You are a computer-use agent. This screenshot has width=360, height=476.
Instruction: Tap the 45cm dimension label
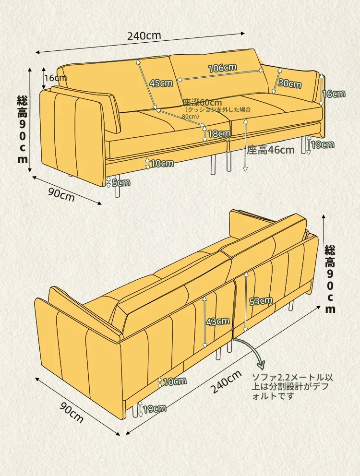161,83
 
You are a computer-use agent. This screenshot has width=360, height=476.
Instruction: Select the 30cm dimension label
289,83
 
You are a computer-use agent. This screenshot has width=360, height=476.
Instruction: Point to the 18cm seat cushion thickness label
219,133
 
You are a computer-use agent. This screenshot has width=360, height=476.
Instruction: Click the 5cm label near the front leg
121,182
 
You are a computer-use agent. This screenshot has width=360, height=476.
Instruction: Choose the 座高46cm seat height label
271,150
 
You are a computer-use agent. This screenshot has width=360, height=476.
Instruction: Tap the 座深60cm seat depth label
203,103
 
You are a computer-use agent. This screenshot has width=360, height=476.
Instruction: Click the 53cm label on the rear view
261,301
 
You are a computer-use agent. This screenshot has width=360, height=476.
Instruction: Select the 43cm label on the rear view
218,321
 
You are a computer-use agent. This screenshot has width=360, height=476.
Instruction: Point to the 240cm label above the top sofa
144,36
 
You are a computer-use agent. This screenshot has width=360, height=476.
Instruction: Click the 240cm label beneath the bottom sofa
226,381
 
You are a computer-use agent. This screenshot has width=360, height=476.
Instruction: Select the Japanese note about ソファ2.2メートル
292,386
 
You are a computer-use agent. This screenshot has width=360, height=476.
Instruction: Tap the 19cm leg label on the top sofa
323,145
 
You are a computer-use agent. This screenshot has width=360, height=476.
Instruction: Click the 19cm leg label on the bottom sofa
155,409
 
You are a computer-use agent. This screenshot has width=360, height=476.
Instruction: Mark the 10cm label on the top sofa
162,164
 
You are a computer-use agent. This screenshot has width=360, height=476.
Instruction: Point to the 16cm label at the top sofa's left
56,78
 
